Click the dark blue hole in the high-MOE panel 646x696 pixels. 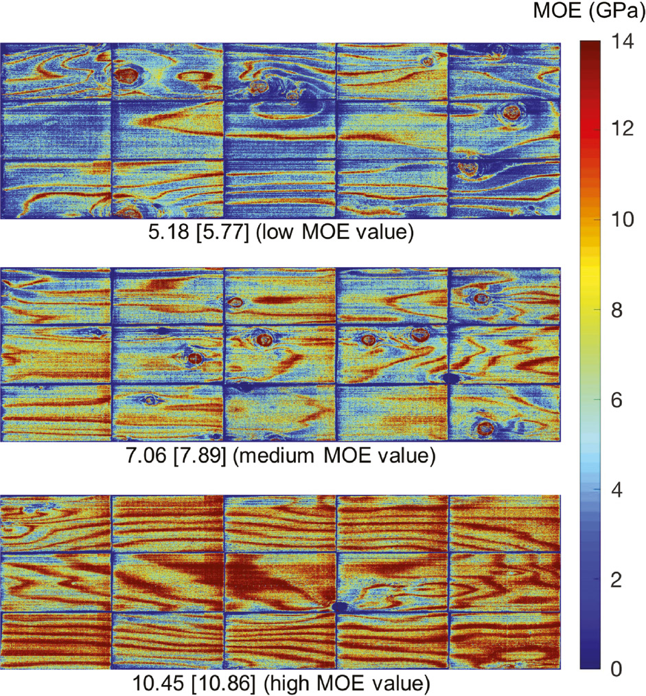339,607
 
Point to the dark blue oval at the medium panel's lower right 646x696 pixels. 451,378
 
